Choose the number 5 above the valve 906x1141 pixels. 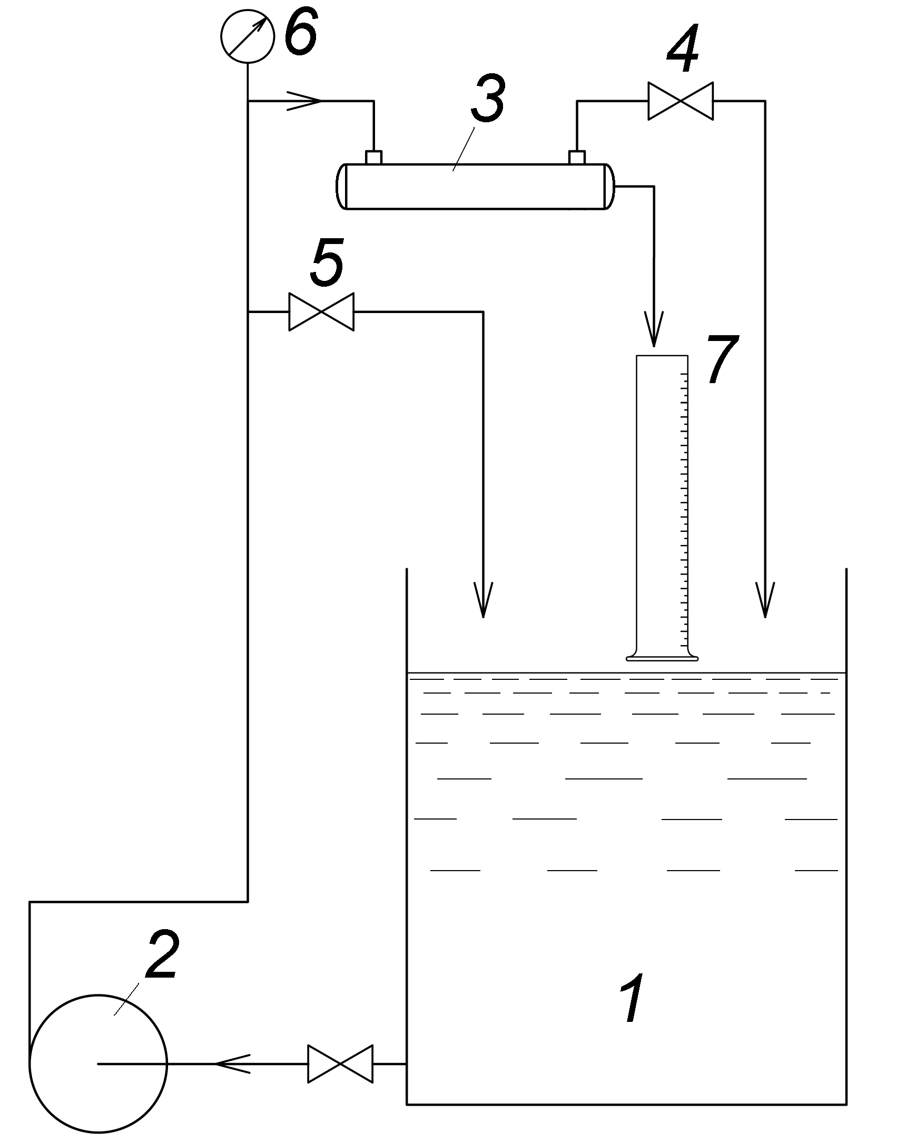click(x=327, y=261)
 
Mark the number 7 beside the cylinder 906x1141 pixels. click(x=723, y=359)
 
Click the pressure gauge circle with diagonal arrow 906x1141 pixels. click(x=248, y=36)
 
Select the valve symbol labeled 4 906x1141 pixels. click(x=681, y=101)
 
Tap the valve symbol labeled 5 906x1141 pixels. click(x=321, y=311)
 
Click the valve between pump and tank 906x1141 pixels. click(x=340, y=1064)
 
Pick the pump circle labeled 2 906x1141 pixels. click(x=99, y=1064)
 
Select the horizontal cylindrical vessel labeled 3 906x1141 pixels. click(x=476, y=187)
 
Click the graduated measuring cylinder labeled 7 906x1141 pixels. click(x=662, y=508)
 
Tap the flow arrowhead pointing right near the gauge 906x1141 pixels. click(x=305, y=101)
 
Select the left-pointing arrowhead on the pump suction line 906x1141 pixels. click(x=232, y=1064)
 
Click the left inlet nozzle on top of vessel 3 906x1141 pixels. click(x=373, y=157)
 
